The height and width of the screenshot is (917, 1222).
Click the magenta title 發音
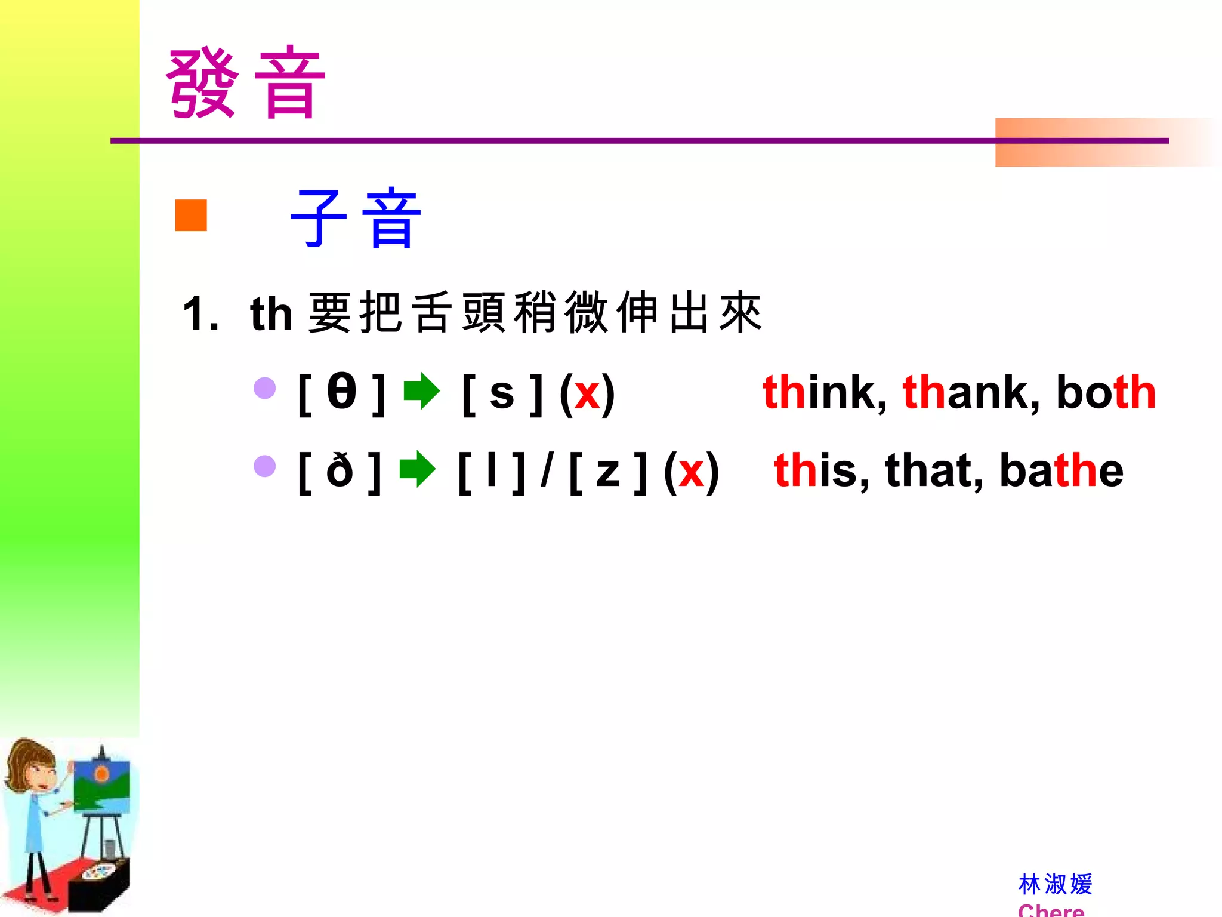(x=245, y=83)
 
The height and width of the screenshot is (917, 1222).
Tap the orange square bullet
(x=191, y=215)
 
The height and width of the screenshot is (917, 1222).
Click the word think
(x=823, y=392)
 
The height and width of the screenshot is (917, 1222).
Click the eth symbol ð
(x=340, y=470)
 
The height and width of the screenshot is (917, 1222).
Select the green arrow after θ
(x=422, y=391)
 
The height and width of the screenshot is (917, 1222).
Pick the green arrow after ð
(x=417, y=469)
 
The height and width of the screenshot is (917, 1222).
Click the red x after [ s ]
(x=587, y=394)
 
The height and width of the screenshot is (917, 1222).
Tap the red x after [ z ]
(x=692, y=472)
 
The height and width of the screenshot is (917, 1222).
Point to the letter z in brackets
(x=608, y=472)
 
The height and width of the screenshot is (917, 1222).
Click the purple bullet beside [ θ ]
(x=265, y=388)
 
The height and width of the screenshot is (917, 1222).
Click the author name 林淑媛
(x=1055, y=884)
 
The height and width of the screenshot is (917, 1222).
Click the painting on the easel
(x=101, y=785)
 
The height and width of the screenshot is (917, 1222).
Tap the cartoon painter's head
(x=33, y=764)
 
